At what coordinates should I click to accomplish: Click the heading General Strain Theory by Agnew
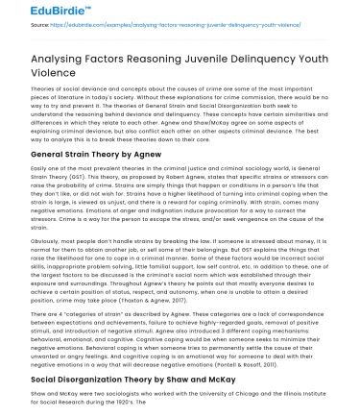[x=87, y=155]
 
